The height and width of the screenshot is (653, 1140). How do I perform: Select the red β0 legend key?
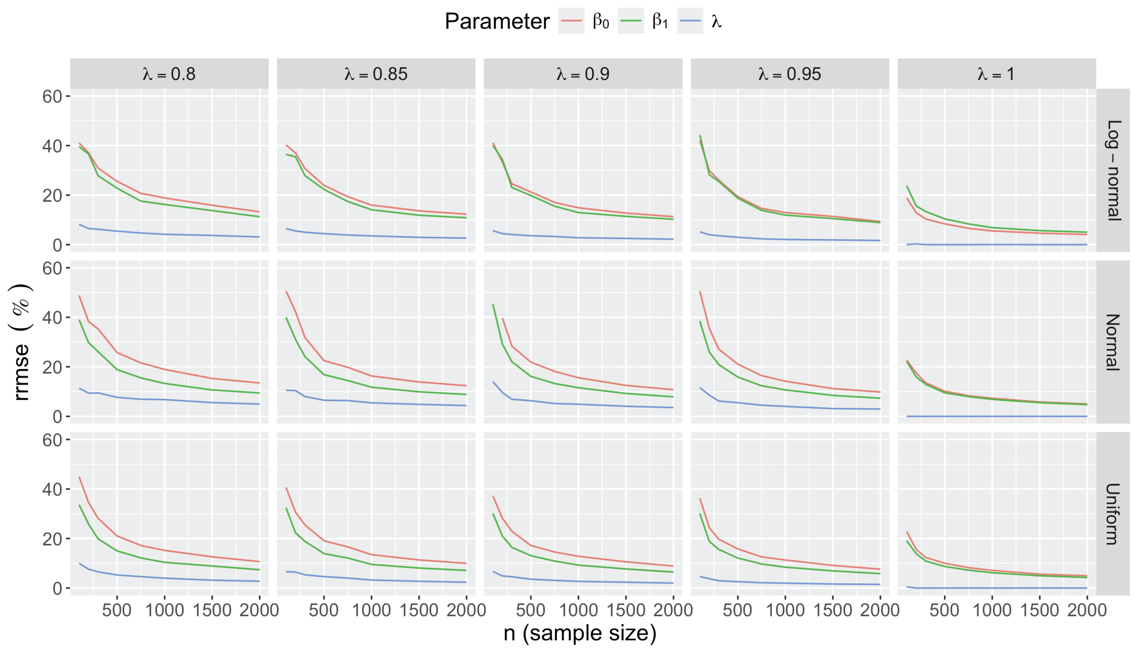pyautogui.click(x=571, y=21)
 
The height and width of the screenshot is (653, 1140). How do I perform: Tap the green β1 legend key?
pyautogui.click(x=631, y=21)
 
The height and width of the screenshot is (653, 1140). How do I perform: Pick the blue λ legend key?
pyautogui.click(x=690, y=21)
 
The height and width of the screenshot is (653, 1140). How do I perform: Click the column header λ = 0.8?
pyautogui.click(x=169, y=74)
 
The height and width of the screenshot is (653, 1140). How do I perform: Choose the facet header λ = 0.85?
pyautogui.click(x=376, y=74)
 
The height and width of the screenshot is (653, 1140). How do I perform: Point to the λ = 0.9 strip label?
pyautogui.click(x=582, y=74)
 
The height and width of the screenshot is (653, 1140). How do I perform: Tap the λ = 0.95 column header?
pyautogui.click(x=789, y=74)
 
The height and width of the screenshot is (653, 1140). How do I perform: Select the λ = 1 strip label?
pyautogui.click(x=996, y=74)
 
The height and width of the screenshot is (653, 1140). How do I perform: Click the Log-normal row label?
pyautogui.click(x=1113, y=170)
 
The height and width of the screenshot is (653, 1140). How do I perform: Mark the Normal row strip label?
pyautogui.click(x=1113, y=342)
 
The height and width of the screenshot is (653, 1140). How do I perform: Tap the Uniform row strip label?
pyautogui.click(x=1113, y=514)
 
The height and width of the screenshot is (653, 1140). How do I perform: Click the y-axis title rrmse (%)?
pyautogui.click(x=21, y=342)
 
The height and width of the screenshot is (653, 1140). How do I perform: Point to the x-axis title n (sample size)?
pyautogui.click(x=580, y=633)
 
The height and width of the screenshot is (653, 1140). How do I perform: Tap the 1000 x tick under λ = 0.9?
pyautogui.click(x=578, y=610)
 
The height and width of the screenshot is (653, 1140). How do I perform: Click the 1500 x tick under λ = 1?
pyautogui.click(x=1039, y=610)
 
